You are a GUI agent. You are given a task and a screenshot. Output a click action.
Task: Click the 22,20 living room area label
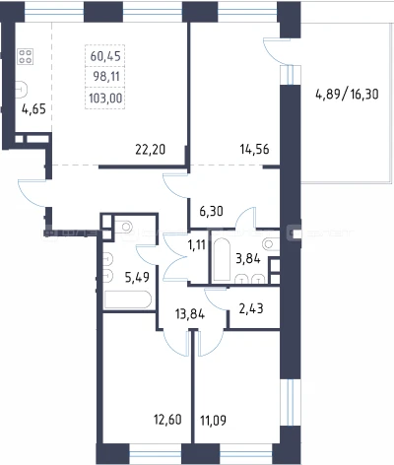(x=151, y=150)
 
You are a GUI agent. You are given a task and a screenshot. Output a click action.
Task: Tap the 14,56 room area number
(x=254, y=150)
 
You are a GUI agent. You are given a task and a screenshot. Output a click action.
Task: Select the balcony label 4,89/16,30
(x=347, y=95)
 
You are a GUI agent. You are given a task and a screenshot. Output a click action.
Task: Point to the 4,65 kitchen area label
(x=33, y=108)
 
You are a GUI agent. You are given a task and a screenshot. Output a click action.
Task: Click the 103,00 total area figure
(x=105, y=98)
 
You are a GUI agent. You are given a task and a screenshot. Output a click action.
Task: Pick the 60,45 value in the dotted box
(x=105, y=56)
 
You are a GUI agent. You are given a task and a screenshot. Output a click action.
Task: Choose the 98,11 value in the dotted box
(x=106, y=77)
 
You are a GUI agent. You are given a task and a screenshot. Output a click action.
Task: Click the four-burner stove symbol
(x=26, y=56)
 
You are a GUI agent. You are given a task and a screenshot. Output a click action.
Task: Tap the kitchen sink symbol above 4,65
(x=22, y=89)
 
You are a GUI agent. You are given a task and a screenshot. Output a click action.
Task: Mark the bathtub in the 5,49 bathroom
(x=128, y=299)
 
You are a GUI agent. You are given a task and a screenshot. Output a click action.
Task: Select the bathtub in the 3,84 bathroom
(x=222, y=259)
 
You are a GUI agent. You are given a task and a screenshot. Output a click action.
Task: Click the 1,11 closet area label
(x=197, y=244)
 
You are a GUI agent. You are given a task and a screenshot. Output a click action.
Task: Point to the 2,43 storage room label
(x=251, y=308)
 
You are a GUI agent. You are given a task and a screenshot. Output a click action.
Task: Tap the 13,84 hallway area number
(x=190, y=314)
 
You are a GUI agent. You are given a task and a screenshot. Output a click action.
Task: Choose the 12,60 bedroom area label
(x=167, y=420)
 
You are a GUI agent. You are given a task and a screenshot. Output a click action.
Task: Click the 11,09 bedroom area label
(x=213, y=420)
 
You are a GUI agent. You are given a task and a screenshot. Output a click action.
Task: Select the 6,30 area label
(x=212, y=211)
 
